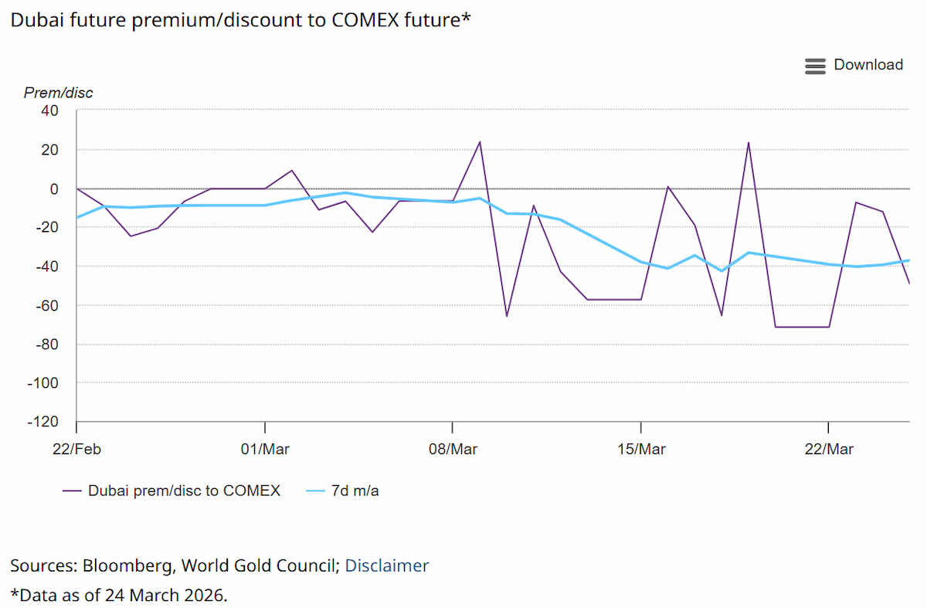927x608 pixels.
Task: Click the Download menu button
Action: pos(854,65)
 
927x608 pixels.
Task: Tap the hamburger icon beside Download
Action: pos(815,66)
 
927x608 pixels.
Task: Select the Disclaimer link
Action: pos(386,566)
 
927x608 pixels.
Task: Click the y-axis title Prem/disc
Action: pos(59,93)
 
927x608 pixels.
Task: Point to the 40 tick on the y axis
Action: pos(49,111)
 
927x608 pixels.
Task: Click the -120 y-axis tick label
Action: pos(43,422)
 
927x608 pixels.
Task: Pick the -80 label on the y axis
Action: pos(47,345)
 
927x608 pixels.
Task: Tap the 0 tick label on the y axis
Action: pos(54,189)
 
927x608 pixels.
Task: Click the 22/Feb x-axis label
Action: pos(76,449)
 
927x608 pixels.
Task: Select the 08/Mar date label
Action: pos(453,449)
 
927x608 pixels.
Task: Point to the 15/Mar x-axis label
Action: pos(641,449)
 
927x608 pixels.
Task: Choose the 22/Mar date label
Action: pos(829,449)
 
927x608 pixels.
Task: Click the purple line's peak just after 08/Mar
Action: pos(480,142)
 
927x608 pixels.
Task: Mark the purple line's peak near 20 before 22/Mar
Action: pos(749,143)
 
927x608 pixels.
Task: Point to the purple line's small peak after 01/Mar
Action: pos(292,170)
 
